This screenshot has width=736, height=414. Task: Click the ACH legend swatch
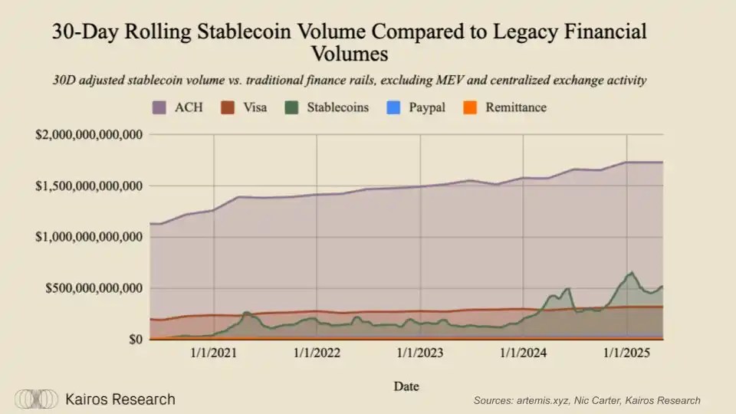click(161, 107)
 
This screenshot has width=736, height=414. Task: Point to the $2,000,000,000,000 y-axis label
click(90, 135)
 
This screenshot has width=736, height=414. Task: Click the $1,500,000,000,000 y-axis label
click(90, 186)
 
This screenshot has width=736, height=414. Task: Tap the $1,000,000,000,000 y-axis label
click(90, 238)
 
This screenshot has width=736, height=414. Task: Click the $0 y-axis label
click(135, 340)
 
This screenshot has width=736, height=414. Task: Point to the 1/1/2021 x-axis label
click(213, 354)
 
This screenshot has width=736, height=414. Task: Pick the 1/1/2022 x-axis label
click(317, 354)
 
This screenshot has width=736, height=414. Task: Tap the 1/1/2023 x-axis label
click(420, 354)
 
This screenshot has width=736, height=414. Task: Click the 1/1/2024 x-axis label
click(524, 354)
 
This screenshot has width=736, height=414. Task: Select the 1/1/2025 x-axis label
click(627, 354)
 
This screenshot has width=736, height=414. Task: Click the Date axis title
click(406, 386)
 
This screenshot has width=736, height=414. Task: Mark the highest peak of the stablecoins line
click(632, 272)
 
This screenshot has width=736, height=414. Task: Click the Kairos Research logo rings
click(37, 399)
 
